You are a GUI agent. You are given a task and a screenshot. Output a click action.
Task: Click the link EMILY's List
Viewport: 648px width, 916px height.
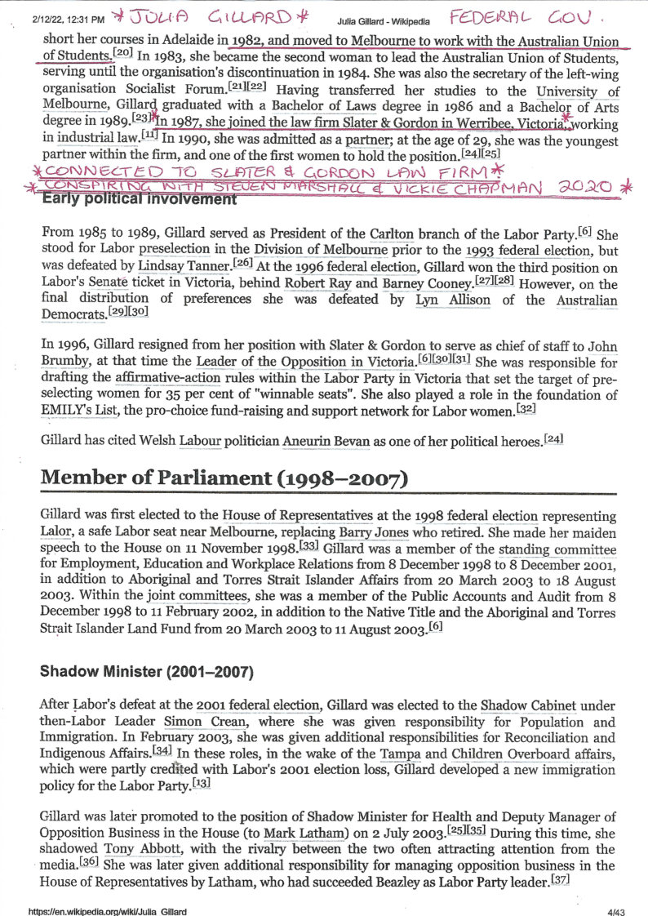75,410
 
